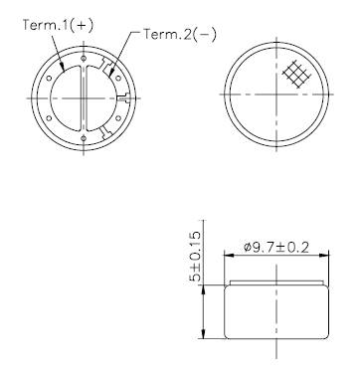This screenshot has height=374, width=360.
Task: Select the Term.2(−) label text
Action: pos(180,34)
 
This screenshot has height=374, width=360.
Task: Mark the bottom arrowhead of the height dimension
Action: pos(203,337)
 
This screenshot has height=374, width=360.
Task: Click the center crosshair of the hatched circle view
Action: pos(270,93)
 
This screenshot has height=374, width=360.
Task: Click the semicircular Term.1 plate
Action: pos(65,94)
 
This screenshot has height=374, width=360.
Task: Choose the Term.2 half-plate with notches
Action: pos(104,94)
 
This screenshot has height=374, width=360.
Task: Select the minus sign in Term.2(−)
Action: pos(205,34)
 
